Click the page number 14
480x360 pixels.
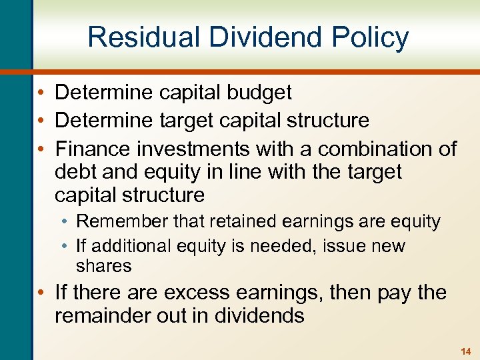coord(465,351)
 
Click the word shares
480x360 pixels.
coord(103,266)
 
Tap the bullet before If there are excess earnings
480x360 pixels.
coord(41,292)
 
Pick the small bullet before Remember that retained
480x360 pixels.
coord(66,222)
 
